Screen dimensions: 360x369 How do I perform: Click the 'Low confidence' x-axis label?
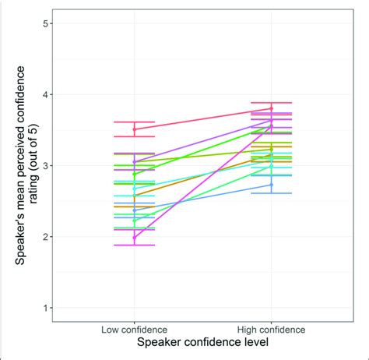[x=134, y=330]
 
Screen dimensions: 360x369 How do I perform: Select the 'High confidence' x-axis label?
[x=271, y=330]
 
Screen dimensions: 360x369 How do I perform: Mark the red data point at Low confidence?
[x=134, y=129]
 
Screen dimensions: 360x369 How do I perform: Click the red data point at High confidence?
[x=271, y=109]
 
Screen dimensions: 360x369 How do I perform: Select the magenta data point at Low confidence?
[x=134, y=238]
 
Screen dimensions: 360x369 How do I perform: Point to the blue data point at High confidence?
[x=271, y=185]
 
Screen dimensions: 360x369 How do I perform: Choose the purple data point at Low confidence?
[x=134, y=161]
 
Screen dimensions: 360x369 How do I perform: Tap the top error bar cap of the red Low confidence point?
[x=134, y=122]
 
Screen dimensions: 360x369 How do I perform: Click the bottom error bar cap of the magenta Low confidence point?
[x=134, y=245]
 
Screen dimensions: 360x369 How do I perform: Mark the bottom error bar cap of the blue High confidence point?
[x=271, y=193]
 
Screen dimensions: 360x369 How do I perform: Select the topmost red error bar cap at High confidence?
[x=271, y=102]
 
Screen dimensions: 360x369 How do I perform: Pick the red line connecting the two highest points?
[x=202, y=119]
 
